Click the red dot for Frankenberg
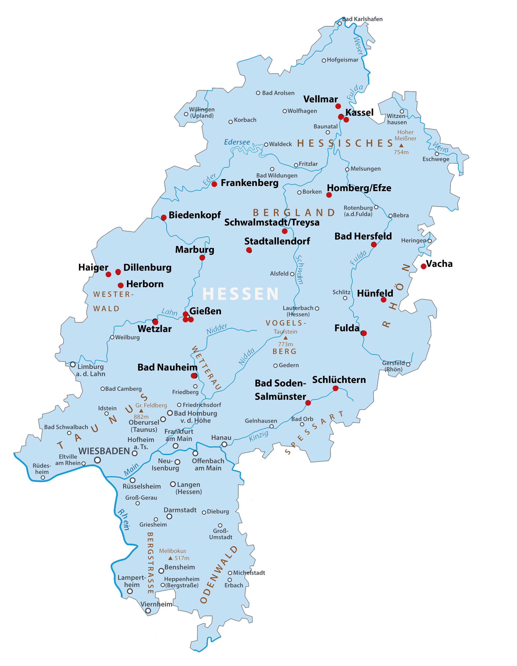(x=214, y=184)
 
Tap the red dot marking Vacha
(x=423, y=266)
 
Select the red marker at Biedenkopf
(x=164, y=217)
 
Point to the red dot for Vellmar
(x=338, y=106)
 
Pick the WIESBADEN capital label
(x=104, y=451)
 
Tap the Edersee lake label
(x=237, y=142)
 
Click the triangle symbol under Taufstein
(x=285, y=338)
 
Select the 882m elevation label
(x=141, y=417)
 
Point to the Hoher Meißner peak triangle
(x=401, y=145)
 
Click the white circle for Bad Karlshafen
(x=339, y=23)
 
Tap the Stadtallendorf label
(x=277, y=241)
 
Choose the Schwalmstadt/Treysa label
(x=272, y=222)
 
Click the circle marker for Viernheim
(x=148, y=610)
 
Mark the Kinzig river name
(x=259, y=436)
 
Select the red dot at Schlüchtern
(x=336, y=388)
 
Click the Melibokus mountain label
(x=172, y=551)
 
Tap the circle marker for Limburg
(x=73, y=364)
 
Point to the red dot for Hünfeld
(x=383, y=300)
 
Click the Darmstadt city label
(x=180, y=510)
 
